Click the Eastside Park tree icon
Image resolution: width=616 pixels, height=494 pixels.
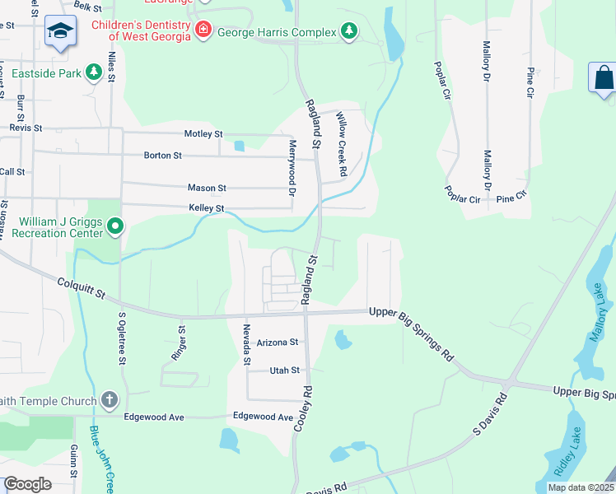(x=94, y=73)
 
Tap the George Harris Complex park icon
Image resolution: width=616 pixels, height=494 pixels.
(x=350, y=31)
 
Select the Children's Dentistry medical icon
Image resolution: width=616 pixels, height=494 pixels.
(x=203, y=30)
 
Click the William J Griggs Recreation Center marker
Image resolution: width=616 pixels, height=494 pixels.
(x=115, y=225)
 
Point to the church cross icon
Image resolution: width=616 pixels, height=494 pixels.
(x=110, y=400)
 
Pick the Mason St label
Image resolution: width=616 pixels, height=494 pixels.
(x=207, y=188)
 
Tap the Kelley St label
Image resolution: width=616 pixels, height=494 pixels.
(x=207, y=209)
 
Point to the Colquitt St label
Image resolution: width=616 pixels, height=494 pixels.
(x=82, y=288)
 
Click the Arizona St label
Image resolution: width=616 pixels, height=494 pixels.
(x=277, y=343)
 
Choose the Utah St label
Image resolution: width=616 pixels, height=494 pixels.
(x=285, y=370)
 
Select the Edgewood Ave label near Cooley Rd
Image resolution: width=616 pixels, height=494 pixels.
(x=264, y=417)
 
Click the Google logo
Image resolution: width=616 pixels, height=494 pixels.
(x=27, y=484)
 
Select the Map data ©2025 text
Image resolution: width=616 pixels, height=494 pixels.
(x=580, y=487)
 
